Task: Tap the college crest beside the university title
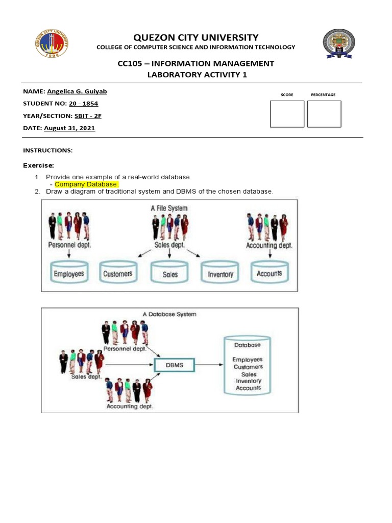tap(339, 43)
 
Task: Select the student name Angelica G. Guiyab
tap(77, 91)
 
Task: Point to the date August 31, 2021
tap(69, 128)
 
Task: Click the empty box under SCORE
tap(287, 113)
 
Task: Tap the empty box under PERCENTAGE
tap(324, 113)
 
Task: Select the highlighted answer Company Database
tap(86, 184)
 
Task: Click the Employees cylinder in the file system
tap(69, 273)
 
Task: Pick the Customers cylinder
tap(117, 273)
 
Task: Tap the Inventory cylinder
tap(220, 273)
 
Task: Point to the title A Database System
tap(169, 315)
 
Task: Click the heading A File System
tap(169, 208)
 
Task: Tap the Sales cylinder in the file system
tap(170, 273)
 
